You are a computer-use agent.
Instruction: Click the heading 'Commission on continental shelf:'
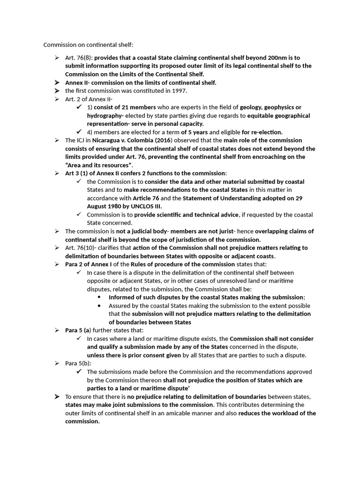pos(88,45)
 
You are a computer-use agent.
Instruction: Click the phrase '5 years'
pos(198,132)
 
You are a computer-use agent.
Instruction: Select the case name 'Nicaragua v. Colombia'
pos(124,140)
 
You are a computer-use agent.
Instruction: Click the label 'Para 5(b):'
pos(78,363)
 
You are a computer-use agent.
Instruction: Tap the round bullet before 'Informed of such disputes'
pos(99,297)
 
